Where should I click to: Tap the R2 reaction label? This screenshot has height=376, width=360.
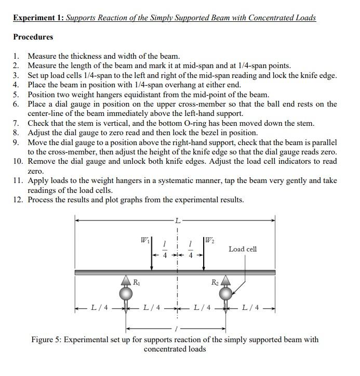(x=215, y=282)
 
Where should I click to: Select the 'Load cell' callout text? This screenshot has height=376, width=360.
(x=243, y=249)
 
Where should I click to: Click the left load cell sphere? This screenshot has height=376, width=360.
(x=125, y=293)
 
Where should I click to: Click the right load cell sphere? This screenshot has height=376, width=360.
(x=226, y=293)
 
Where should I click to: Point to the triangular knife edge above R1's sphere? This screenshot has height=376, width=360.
(x=126, y=281)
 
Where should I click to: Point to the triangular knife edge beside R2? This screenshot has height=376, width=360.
(x=226, y=281)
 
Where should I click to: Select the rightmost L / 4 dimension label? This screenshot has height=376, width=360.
(x=252, y=307)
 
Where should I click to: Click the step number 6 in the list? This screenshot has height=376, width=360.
(x=16, y=104)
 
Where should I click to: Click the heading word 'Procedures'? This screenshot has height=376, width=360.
(x=33, y=37)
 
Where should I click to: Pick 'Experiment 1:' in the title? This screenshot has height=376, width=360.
(x=38, y=18)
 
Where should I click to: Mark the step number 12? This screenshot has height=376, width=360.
(x=18, y=200)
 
